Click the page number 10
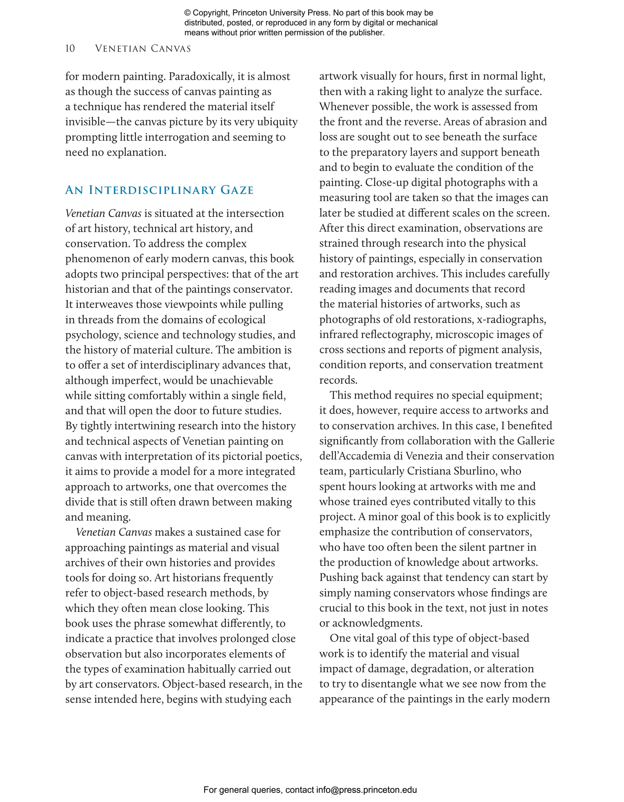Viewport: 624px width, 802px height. pyautogui.click(x=70, y=49)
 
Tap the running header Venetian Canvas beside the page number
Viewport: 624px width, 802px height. pyautogui.click(x=143, y=49)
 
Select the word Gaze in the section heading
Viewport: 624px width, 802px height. pyautogui.click(x=237, y=190)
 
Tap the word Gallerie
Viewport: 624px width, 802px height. pyautogui.click(x=536, y=441)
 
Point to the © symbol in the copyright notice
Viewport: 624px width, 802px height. pyautogui.click(x=187, y=13)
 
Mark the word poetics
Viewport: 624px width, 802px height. pyautogui.click(x=286, y=456)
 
